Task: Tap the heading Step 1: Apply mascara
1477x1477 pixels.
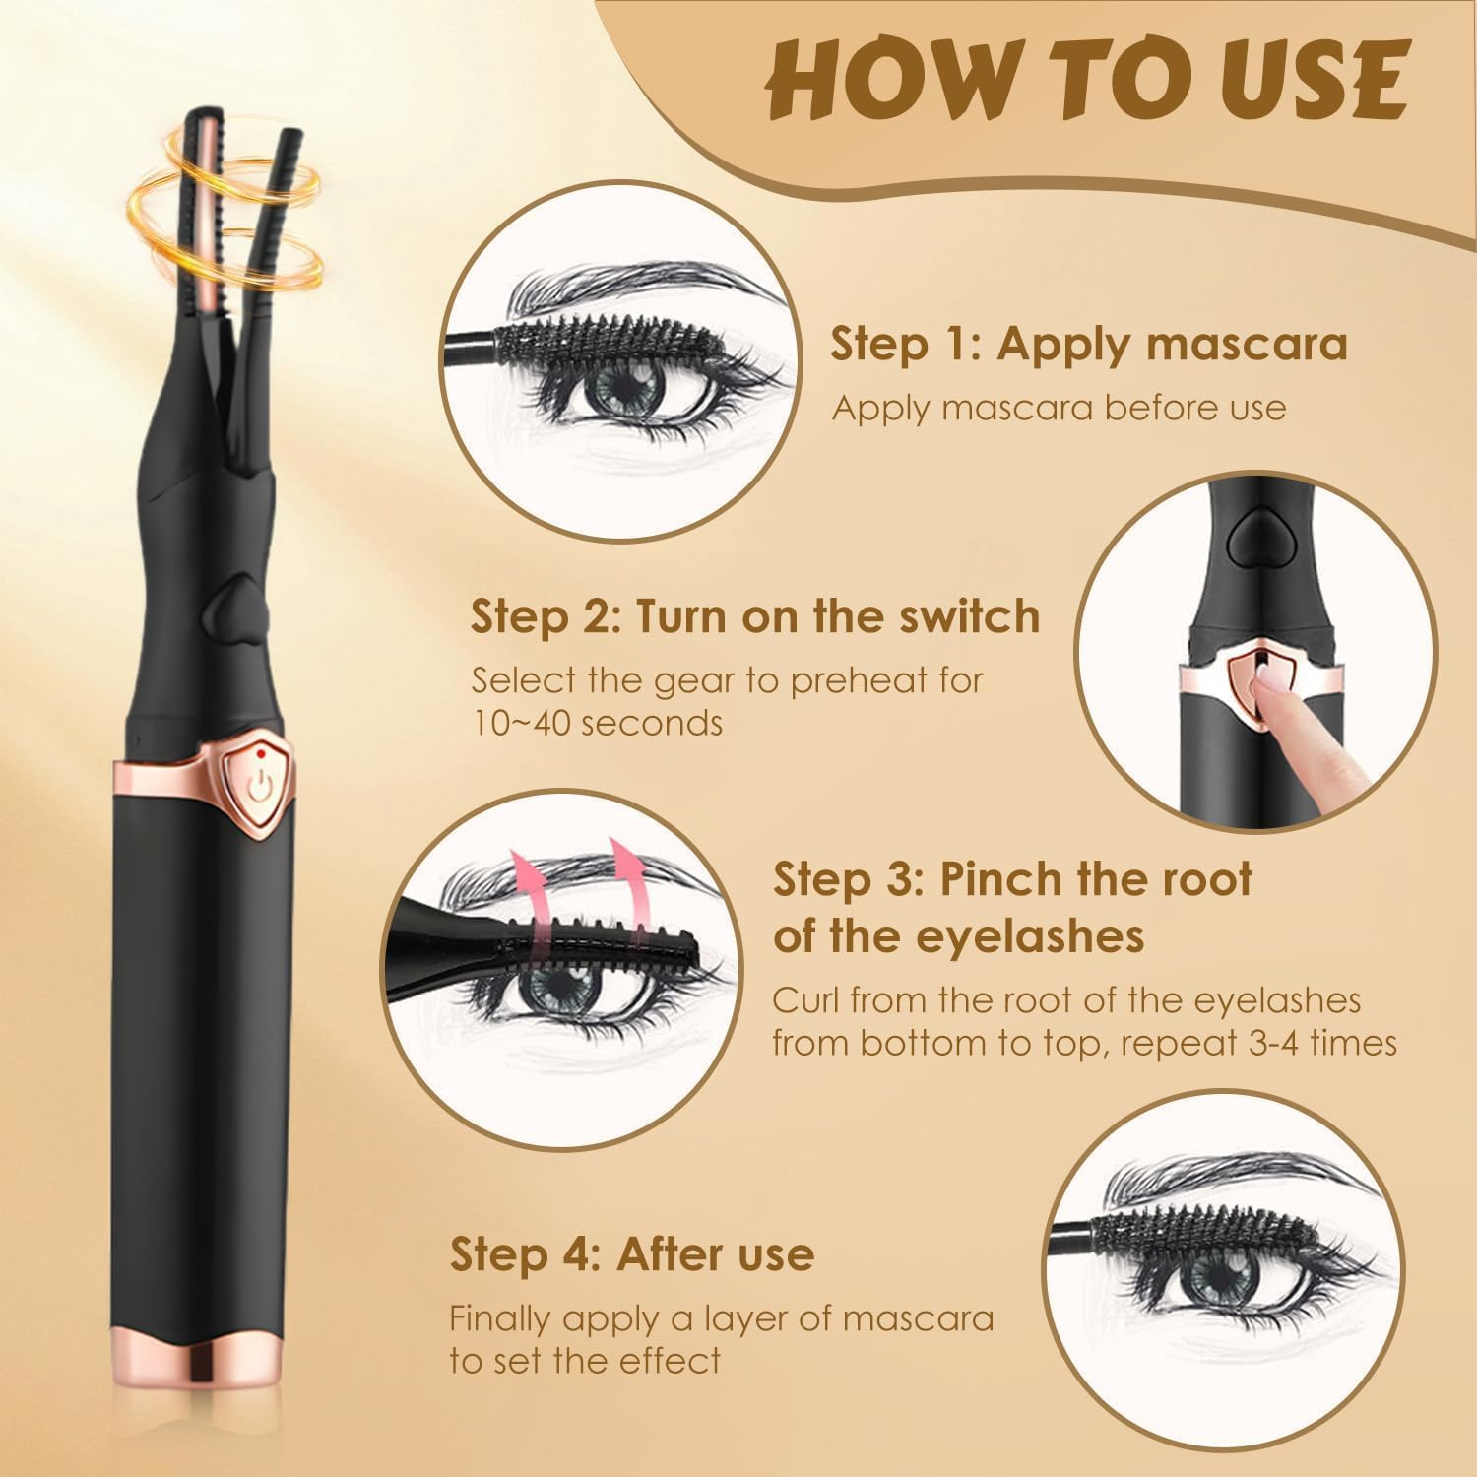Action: (x=1088, y=345)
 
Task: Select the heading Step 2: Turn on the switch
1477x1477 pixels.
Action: (x=754, y=616)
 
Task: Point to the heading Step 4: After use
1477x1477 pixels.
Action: (x=632, y=1254)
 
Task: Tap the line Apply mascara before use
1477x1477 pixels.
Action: (x=1059, y=408)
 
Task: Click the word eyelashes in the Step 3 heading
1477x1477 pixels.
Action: (x=1031, y=935)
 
